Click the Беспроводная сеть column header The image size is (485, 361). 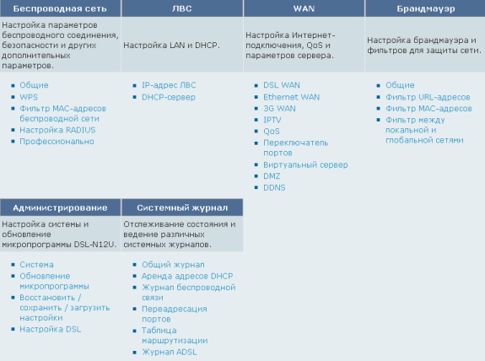60,8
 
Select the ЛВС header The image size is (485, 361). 182,8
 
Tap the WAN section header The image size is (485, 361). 304,8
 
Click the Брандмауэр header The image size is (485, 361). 426,8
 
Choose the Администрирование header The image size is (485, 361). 60,207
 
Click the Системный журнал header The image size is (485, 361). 182,207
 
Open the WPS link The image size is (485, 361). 29,97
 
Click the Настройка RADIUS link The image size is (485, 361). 57,130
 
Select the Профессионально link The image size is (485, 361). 57,142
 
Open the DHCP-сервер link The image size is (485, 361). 169,97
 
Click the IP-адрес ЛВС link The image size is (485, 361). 169,85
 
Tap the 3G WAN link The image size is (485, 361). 279,109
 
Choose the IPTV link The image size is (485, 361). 272,120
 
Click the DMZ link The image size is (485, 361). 272,176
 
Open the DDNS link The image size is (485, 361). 274,187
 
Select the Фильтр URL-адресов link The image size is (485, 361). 428,97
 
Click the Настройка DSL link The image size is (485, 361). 51,329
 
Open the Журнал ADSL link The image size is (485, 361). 170,352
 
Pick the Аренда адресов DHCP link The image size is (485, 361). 187,276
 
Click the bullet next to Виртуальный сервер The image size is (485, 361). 256,164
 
